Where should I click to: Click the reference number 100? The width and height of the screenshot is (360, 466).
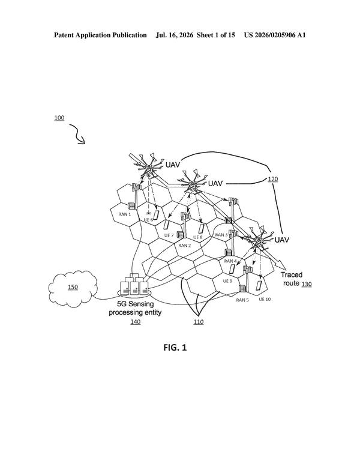[59, 118]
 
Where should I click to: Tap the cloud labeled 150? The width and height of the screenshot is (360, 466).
[73, 289]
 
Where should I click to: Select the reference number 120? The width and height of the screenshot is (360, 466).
[272, 179]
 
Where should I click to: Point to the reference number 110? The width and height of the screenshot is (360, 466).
[199, 321]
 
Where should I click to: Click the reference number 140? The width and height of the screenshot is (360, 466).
[136, 321]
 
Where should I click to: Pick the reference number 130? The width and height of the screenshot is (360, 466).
[307, 284]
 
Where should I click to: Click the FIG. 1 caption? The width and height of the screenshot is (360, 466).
[175, 347]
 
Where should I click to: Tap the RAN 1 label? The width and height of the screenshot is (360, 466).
[124, 214]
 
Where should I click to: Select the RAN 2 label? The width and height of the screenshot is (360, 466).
[184, 246]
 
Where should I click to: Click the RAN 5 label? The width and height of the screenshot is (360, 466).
[242, 300]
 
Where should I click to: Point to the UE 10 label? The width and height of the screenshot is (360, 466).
[265, 299]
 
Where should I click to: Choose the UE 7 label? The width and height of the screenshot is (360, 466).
[169, 235]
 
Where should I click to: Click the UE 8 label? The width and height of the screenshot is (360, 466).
[198, 237]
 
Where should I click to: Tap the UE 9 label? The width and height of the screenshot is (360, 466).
[227, 281]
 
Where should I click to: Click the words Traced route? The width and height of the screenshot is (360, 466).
[291, 279]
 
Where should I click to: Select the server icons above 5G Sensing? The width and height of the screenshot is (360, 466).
[134, 285]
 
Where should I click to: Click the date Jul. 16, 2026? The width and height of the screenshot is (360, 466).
[175, 35]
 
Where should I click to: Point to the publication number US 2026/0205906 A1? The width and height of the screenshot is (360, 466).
[275, 35]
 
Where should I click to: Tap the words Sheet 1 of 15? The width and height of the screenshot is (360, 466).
[216, 35]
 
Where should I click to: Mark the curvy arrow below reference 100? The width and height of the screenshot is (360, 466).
[77, 134]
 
